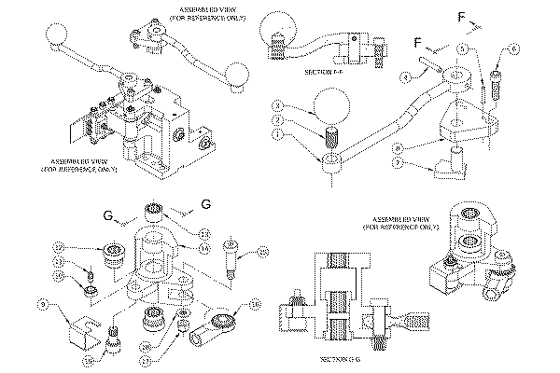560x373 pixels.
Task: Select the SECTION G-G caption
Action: tap(338, 358)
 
